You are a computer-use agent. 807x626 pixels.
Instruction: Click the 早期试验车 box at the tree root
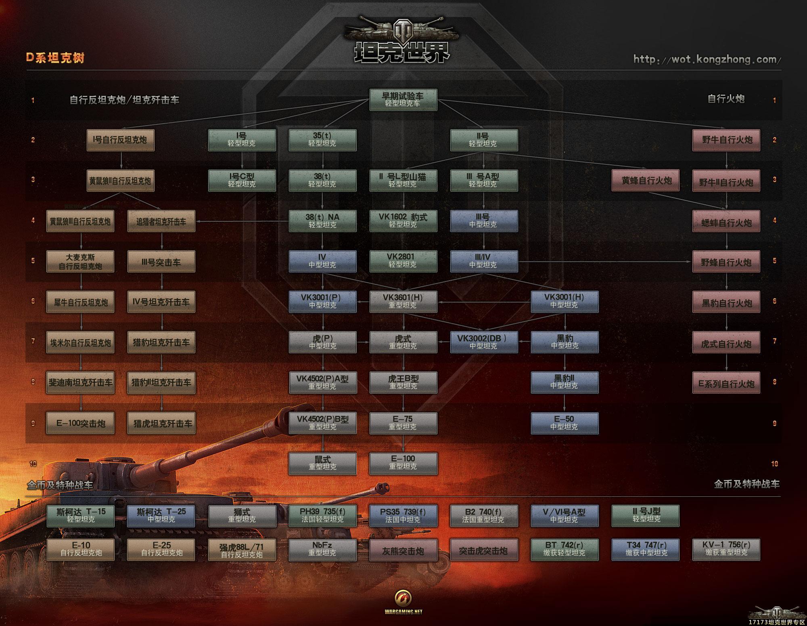point(403,99)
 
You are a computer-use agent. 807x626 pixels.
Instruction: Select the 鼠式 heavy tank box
point(322,463)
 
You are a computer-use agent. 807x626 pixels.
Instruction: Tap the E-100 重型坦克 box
point(403,463)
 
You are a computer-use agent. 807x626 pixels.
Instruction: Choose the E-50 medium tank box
point(564,423)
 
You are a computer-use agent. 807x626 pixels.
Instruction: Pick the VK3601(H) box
point(403,302)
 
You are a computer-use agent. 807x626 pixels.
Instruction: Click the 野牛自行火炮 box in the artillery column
point(726,140)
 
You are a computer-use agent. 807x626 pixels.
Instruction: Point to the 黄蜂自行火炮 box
point(646,181)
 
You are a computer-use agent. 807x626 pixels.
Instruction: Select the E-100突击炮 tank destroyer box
point(80,423)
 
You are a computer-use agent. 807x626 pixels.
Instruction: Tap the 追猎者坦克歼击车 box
point(161,221)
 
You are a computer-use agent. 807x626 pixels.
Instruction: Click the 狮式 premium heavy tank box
point(242,516)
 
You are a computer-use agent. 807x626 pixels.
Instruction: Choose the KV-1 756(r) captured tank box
point(726,549)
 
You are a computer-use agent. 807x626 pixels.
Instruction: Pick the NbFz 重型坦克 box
point(322,549)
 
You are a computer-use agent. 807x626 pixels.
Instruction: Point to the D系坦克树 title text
point(55,58)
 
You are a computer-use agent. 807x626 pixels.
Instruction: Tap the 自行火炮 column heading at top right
point(726,99)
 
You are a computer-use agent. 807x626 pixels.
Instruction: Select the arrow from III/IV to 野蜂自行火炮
point(605,262)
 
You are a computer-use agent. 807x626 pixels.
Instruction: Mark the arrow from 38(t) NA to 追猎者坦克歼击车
point(242,221)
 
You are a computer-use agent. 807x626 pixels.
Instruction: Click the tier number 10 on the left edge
point(33,464)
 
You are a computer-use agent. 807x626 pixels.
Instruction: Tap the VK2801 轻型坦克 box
point(403,261)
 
